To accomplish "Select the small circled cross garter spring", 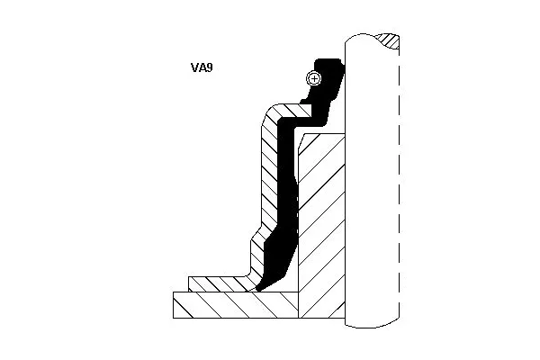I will [313, 78].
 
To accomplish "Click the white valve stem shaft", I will [371, 180].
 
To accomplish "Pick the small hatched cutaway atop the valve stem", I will [389, 40].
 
